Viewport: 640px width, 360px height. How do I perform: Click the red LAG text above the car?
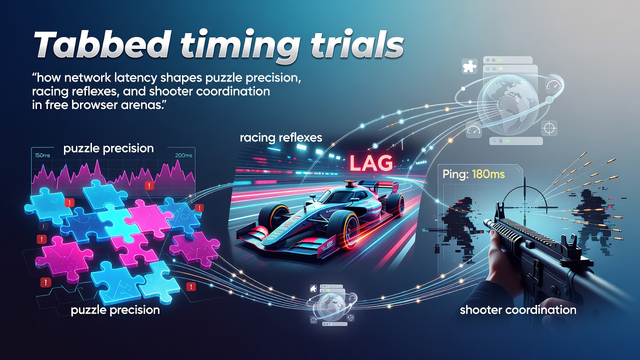click(x=371, y=163)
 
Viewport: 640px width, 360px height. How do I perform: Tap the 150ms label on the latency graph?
click(x=42, y=155)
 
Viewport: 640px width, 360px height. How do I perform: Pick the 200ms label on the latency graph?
click(x=183, y=155)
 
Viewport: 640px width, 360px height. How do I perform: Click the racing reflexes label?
click(x=281, y=137)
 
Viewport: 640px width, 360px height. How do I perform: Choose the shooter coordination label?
click(x=518, y=310)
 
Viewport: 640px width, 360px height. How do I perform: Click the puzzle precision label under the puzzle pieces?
click(x=115, y=310)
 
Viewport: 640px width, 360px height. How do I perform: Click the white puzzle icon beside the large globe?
click(x=469, y=66)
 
